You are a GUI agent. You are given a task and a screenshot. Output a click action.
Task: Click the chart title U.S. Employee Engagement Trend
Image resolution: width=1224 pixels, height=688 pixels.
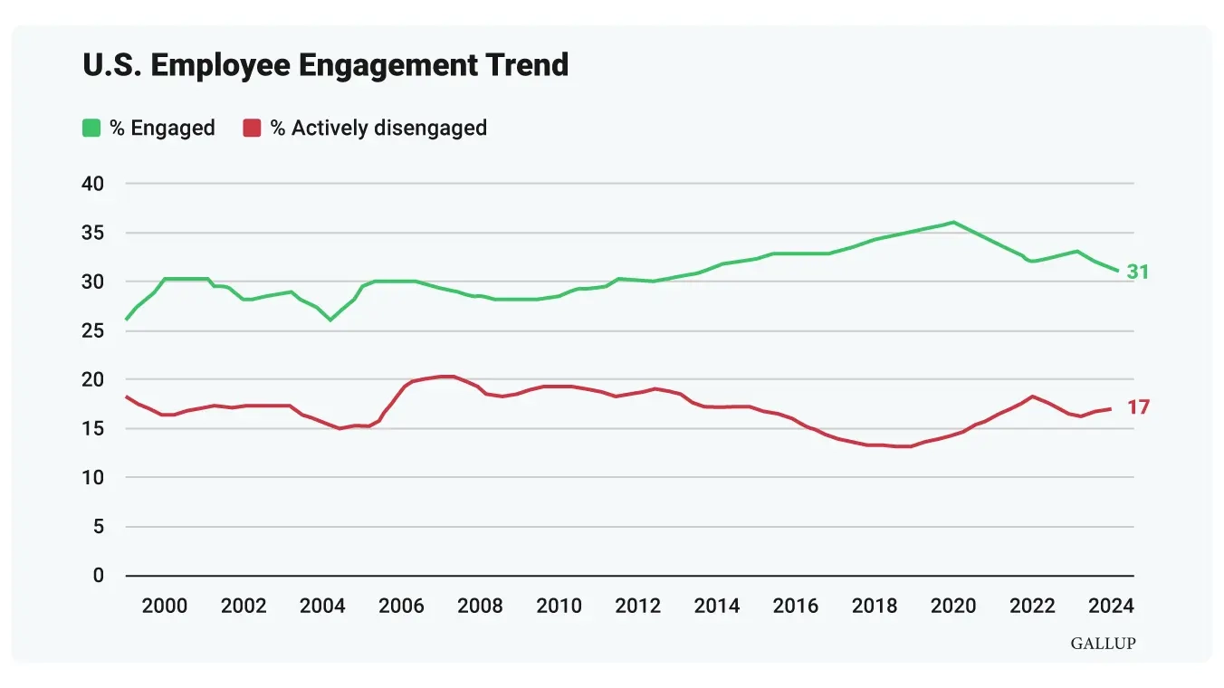pyautogui.click(x=325, y=65)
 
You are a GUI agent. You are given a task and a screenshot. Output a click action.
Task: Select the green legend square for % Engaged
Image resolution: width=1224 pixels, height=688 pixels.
pyautogui.click(x=91, y=128)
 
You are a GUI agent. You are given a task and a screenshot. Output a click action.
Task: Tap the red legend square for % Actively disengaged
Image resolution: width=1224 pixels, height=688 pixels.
pyautogui.click(x=252, y=128)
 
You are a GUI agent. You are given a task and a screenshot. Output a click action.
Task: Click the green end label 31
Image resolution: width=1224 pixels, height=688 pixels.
pyautogui.click(x=1137, y=272)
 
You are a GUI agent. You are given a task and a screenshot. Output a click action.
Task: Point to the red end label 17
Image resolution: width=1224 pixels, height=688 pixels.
pyautogui.click(x=1137, y=407)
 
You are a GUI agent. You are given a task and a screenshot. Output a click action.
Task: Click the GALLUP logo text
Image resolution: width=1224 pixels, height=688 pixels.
pyautogui.click(x=1103, y=644)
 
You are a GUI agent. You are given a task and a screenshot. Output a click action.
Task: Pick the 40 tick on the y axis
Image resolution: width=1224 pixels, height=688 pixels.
pyautogui.click(x=93, y=184)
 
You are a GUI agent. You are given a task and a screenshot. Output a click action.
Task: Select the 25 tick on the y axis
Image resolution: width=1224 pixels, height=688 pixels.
pyautogui.click(x=93, y=331)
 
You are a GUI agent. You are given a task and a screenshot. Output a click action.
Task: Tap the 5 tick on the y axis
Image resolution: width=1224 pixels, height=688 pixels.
pyautogui.click(x=99, y=527)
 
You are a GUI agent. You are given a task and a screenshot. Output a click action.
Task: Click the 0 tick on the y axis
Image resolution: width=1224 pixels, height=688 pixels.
pyautogui.click(x=99, y=576)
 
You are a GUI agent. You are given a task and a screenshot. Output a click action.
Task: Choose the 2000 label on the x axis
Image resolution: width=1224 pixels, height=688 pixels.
pyautogui.click(x=165, y=606)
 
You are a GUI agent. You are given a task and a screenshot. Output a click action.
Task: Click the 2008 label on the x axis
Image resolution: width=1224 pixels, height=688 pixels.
pyautogui.click(x=480, y=606)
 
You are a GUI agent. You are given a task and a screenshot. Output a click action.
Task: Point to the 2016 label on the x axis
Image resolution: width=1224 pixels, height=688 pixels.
pyautogui.click(x=796, y=606)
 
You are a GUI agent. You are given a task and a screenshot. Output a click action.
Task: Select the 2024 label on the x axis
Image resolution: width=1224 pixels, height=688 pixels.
pyautogui.click(x=1111, y=606)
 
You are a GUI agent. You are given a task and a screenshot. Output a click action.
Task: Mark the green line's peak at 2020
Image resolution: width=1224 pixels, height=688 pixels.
pyautogui.click(x=953, y=222)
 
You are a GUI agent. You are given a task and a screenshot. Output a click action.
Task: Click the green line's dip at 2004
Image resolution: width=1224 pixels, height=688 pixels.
pyautogui.click(x=330, y=320)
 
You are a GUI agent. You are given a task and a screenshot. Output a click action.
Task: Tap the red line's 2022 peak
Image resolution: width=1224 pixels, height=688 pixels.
pyautogui.click(x=1032, y=397)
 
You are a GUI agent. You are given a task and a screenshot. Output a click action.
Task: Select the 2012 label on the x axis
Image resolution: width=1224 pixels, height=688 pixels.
pyautogui.click(x=638, y=606)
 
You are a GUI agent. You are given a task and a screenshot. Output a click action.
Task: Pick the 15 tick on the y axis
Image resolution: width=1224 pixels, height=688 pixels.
pyautogui.click(x=93, y=429)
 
